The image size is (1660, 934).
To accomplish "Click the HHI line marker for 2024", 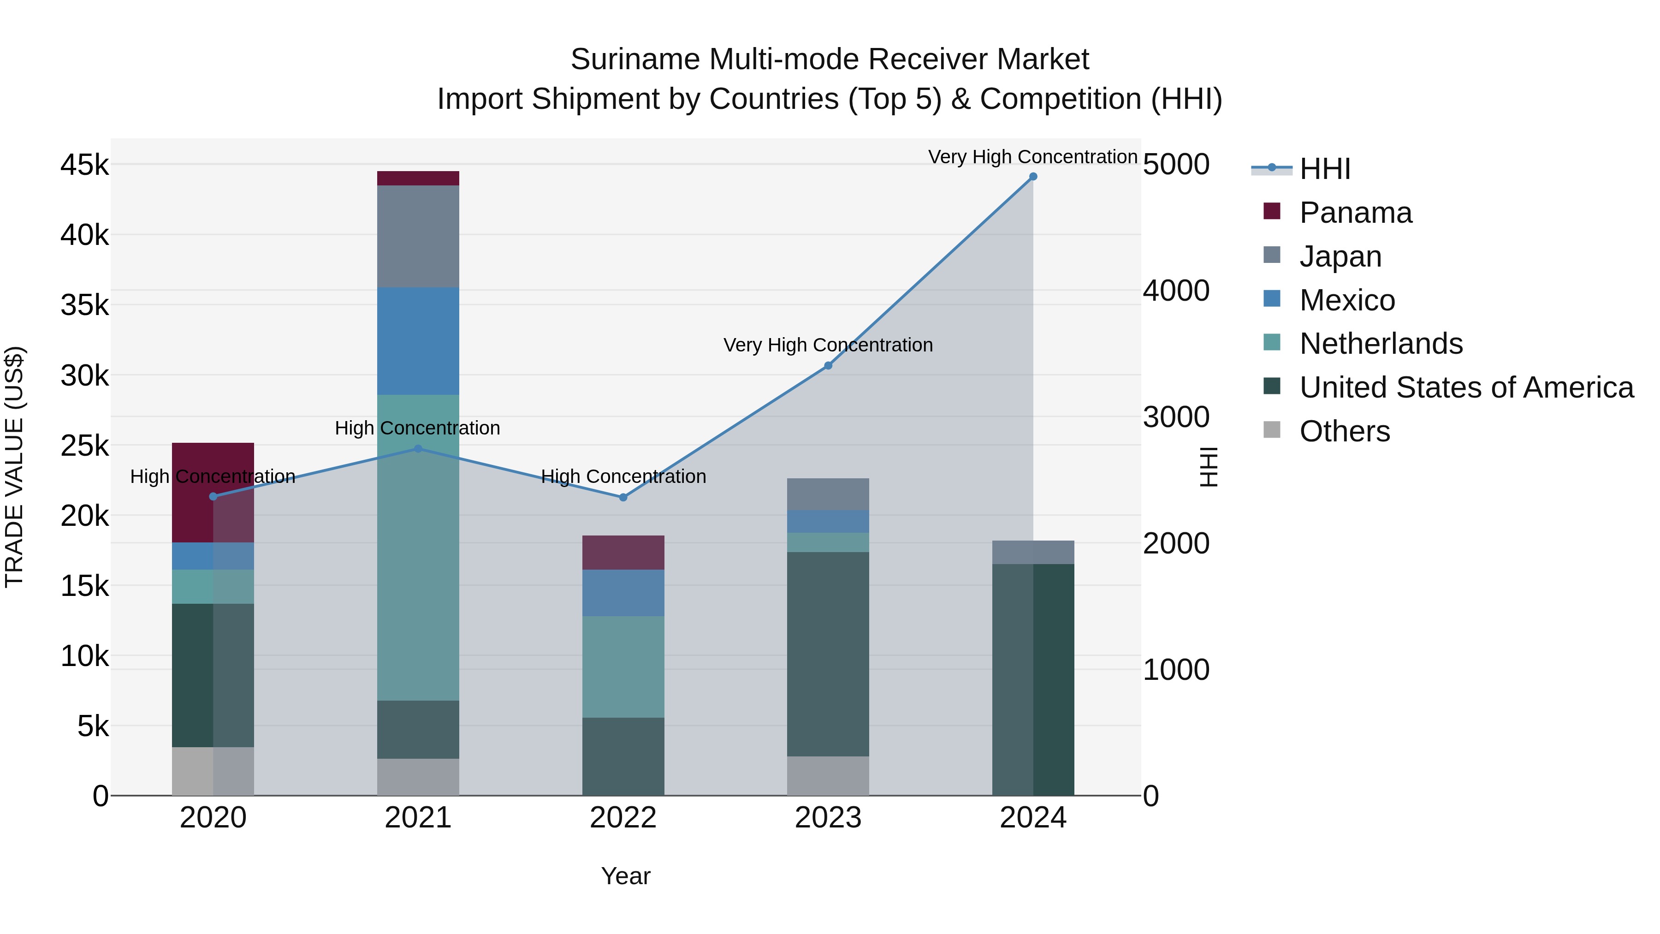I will click(x=1033, y=177).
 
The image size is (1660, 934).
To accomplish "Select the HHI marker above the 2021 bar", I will click(x=418, y=449).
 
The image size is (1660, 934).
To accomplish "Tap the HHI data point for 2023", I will click(x=828, y=365).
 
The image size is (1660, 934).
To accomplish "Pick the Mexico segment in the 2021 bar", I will click(x=418, y=341).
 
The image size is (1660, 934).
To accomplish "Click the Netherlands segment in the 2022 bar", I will click(x=623, y=666).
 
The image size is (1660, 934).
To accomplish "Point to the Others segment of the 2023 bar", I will click(x=828, y=775).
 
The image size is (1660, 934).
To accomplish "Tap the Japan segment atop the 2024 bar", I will click(x=1033, y=553).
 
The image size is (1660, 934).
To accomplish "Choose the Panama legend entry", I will click(x=1355, y=213).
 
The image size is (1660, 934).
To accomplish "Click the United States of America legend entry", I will click(x=1466, y=387).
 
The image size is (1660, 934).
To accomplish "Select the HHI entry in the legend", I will click(x=1324, y=169).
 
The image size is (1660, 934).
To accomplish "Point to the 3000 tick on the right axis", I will click(x=1176, y=417).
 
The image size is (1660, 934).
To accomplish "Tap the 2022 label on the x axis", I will click(x=623, y=818).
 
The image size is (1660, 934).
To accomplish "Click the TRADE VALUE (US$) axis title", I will click(x=14, y=467).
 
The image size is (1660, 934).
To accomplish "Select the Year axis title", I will click(x=626, y=876).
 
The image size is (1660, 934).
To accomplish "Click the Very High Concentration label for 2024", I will click(x=1032, y=157).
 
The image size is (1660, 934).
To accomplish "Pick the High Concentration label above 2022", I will click(x=623, y=476).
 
